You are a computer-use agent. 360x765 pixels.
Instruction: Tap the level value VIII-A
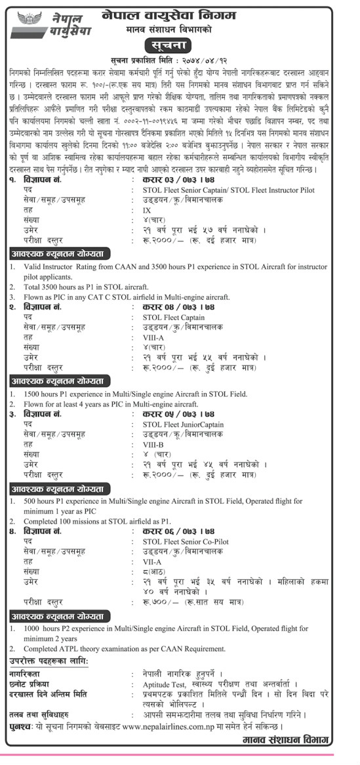tap(154, 337)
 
